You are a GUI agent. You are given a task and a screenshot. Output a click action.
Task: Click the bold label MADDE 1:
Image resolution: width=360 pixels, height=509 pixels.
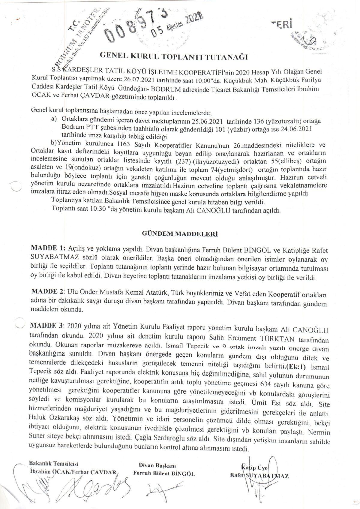[x=48, y=248]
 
